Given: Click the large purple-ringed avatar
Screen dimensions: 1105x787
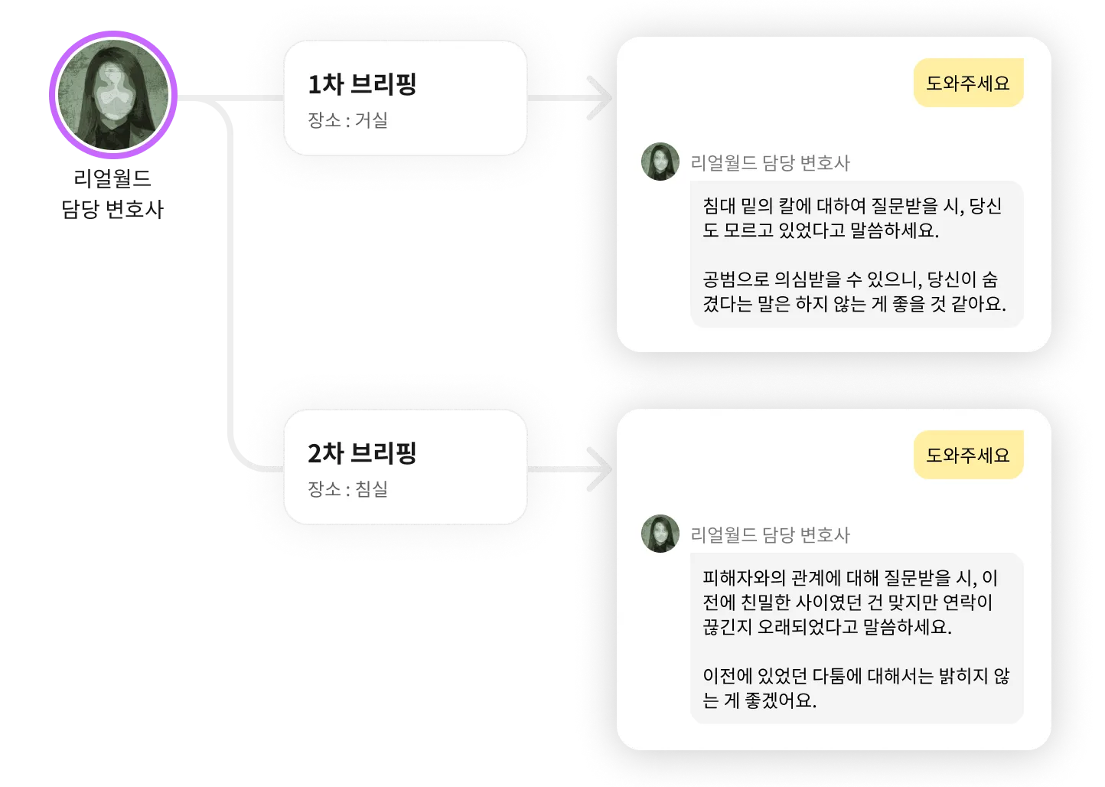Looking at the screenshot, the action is [113, 95].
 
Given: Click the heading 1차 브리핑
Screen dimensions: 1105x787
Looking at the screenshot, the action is [362, 84].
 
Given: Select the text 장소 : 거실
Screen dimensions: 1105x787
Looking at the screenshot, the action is [347, 120].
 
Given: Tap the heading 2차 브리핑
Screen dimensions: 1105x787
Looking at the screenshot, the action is [362, 453].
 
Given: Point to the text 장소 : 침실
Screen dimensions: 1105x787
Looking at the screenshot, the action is [347, 489].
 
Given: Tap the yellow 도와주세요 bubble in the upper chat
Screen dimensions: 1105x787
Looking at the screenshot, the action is [968, 83].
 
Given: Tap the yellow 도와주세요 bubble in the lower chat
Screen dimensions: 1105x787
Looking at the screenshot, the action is [968, 456].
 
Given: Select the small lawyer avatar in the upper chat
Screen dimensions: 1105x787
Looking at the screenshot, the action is [660, 162].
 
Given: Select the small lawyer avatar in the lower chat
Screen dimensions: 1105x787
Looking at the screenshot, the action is [660, 534].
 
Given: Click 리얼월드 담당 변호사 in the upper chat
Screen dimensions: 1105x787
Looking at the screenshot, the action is [770, 163].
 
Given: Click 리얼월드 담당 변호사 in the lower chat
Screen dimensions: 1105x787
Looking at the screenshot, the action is [770, 535].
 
